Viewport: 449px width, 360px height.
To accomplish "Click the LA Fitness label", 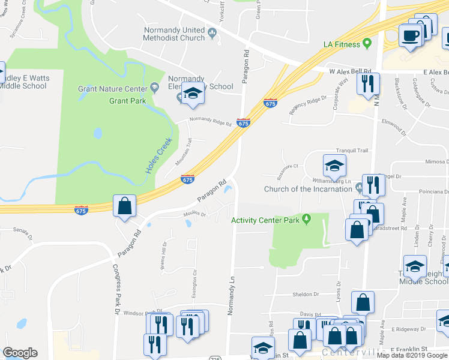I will pos(341,44).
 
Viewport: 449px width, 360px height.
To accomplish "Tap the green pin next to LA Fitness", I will pos(366,43).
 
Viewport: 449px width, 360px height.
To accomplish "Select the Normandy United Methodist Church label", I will pos(174,34).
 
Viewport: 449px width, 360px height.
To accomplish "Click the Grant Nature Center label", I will pos(113,89).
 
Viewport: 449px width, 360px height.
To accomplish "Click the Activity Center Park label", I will pos(265,220).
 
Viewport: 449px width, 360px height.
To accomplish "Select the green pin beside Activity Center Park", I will pos(306,218).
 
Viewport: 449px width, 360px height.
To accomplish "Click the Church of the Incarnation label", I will pos(308,189).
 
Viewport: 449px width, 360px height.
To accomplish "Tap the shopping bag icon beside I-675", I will pos(124,206).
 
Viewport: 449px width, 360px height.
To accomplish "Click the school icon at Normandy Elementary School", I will pos(193,94).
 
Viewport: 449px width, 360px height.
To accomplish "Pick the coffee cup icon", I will pos(411,35).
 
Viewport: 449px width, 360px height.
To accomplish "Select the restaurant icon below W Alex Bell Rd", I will pos(367,83).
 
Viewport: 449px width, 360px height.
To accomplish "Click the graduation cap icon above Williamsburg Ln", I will pos(334,164).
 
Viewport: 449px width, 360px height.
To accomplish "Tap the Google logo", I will pos(20,353).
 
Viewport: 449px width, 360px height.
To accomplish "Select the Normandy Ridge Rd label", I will pos(210,121).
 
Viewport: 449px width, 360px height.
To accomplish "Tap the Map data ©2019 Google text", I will pos(412,355).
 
